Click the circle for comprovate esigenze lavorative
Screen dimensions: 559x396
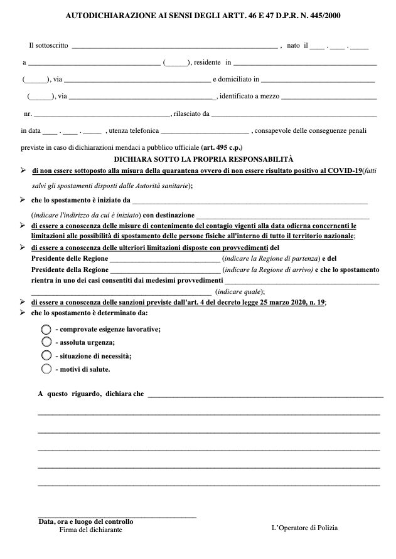tap(46, 329)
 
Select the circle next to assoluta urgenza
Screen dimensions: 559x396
tap(46, 342)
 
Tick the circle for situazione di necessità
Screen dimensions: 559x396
tap(46, 355)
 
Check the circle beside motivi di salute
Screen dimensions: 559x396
tap(46, 369)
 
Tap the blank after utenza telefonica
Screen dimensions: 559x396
tap(205, 131)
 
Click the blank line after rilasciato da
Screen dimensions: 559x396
tap(294, 114)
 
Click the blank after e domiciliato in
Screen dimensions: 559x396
tap(318, 80)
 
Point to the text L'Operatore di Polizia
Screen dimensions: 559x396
tap(304, 528)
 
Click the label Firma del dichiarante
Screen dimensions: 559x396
tap(91, 530)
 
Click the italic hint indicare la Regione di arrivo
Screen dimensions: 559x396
tap(267, 269)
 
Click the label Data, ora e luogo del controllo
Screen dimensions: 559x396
tap(85, 521)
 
